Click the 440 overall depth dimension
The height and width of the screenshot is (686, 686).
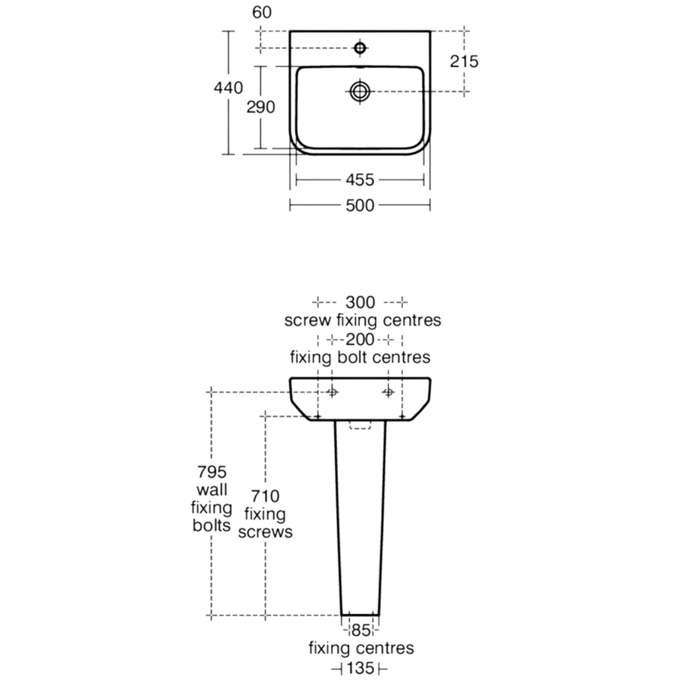[x=228, y=87]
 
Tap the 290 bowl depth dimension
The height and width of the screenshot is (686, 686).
[x=261, y=107]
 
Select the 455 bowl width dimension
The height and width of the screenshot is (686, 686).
[x=360, y=180]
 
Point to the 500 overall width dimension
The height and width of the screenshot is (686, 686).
[x=360, y=205]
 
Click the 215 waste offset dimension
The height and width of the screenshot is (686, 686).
[x=464, y=61]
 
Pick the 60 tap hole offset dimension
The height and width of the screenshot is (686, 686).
[x=262, y=12]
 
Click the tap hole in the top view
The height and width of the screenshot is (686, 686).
[x=360, y=48]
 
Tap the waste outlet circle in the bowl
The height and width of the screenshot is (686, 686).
[x=360, y=91]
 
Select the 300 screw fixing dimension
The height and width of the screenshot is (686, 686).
[x=360, y=302]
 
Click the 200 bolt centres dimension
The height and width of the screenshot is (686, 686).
[x=360, y=340]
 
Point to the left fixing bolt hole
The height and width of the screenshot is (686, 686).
[x=332, y=392]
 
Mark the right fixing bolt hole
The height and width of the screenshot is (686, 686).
[x=388, y=392]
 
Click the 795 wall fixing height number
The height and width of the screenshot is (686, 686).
[x=212, y=472]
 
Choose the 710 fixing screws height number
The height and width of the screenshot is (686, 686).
[x=265, y=496]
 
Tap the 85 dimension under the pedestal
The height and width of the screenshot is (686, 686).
[x=361, y=631]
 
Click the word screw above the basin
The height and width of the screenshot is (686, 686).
[x=307, y=321]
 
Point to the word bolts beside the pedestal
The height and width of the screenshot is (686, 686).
[x=211, y=525]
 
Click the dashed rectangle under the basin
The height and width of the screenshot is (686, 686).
[x=360, y=425]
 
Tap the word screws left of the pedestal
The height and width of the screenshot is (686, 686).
[x=265, y=532]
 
